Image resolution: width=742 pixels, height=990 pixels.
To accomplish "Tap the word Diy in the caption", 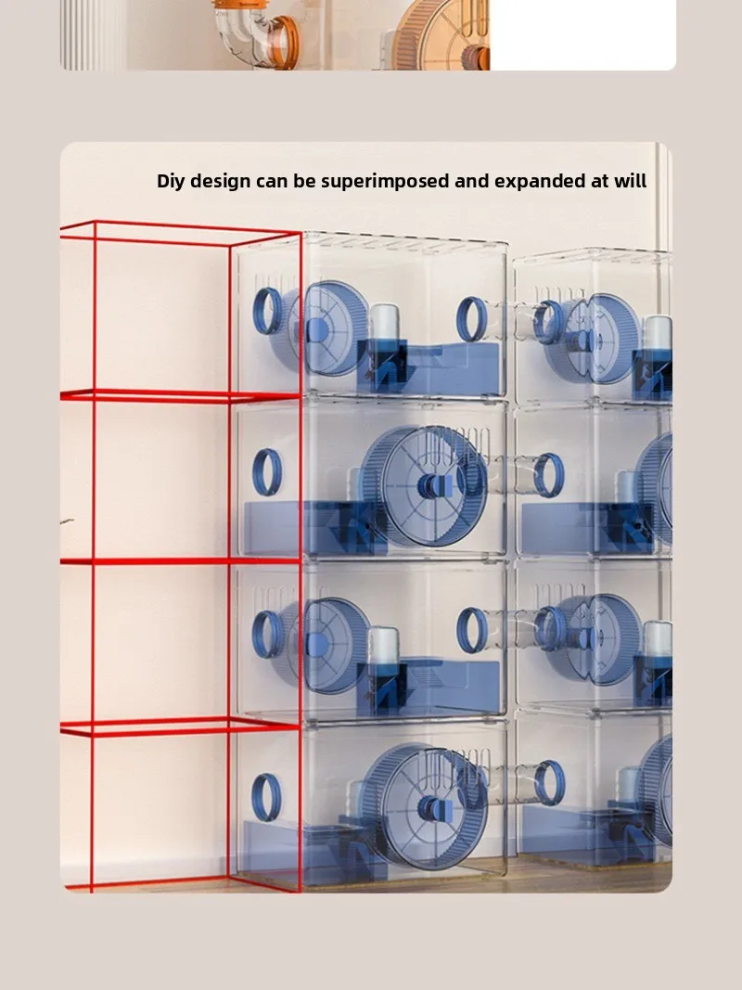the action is click(x=171, y=181).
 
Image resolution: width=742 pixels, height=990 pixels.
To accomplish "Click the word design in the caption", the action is click(x=220, y=182).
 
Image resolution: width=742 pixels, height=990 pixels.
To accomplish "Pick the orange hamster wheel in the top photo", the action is click(x=441, y=34).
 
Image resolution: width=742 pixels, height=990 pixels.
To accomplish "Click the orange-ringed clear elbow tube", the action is click(x=256, y=34).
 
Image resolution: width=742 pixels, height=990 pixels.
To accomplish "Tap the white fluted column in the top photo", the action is click(x=94, y=34).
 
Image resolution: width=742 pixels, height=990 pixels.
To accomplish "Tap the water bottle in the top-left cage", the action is click(x=384, y=325).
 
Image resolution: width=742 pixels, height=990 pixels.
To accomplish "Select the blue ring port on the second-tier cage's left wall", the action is click(x=267, y=471).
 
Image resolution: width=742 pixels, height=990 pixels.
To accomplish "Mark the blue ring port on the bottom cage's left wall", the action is click(x=266, y=797).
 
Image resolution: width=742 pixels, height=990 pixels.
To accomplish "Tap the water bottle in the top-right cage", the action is click(x=657, y=334).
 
